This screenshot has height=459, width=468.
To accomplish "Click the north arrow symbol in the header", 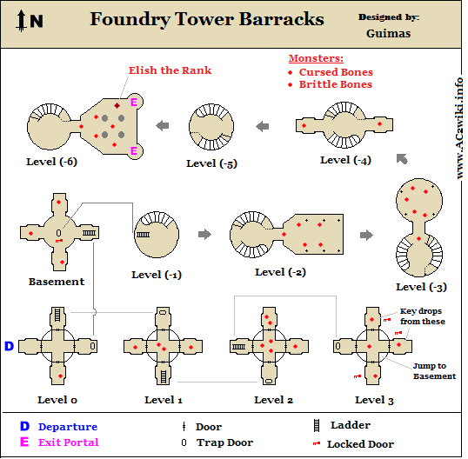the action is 21,20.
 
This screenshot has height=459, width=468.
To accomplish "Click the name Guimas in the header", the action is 388,33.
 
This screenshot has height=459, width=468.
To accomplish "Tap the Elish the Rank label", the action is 170,70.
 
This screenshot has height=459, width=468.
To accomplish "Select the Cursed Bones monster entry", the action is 336,72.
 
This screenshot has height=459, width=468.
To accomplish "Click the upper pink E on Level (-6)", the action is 134,103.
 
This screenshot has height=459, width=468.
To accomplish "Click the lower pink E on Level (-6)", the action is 134,151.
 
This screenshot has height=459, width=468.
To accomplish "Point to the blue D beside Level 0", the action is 10,346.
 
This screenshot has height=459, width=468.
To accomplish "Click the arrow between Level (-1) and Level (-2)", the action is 204,234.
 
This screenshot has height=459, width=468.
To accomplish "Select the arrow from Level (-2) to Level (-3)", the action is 366,235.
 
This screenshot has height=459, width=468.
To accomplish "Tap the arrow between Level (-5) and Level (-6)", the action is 163,125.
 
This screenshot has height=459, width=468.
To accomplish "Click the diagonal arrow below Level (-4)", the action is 402,159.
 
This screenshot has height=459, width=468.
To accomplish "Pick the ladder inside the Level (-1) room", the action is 143,235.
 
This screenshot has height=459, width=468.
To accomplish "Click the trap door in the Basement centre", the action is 58,233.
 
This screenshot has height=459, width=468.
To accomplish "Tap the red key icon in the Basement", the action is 59,241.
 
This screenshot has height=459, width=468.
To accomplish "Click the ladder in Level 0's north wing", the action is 57,315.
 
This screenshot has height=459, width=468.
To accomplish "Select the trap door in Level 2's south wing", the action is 268,381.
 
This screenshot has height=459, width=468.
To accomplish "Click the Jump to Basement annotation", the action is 434,370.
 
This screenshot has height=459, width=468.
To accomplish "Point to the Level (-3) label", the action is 421,287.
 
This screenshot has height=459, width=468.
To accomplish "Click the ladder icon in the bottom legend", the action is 317,426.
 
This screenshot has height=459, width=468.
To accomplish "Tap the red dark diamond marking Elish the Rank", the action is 117,105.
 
